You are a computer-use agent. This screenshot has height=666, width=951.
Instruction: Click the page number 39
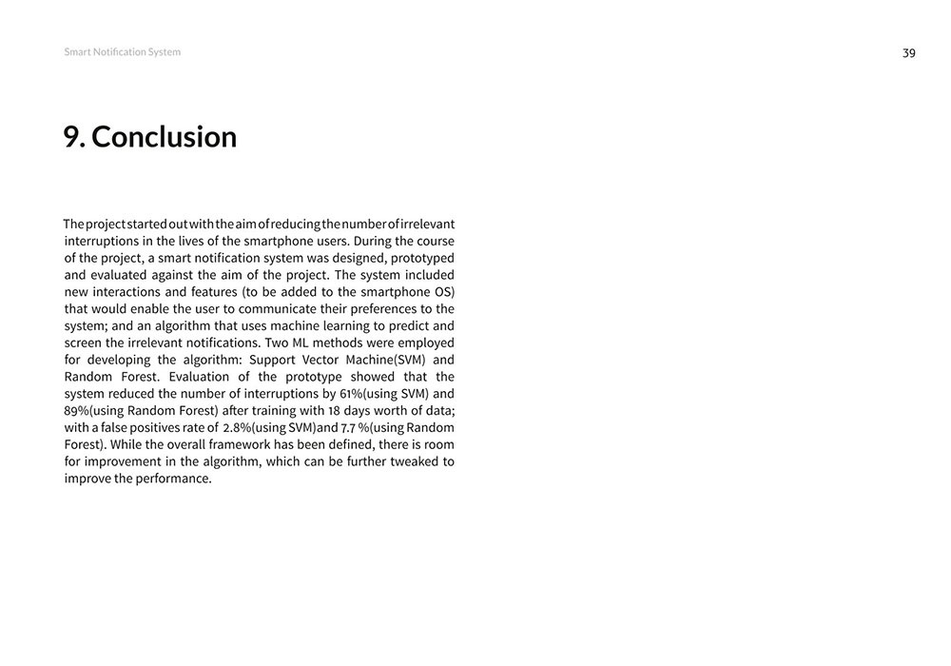(908, 53)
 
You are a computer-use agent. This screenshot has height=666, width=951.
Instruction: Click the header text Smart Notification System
(122, 52)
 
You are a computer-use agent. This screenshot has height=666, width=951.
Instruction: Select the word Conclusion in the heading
(164, 137)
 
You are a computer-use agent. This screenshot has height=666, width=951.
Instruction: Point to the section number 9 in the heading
(71, 137)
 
